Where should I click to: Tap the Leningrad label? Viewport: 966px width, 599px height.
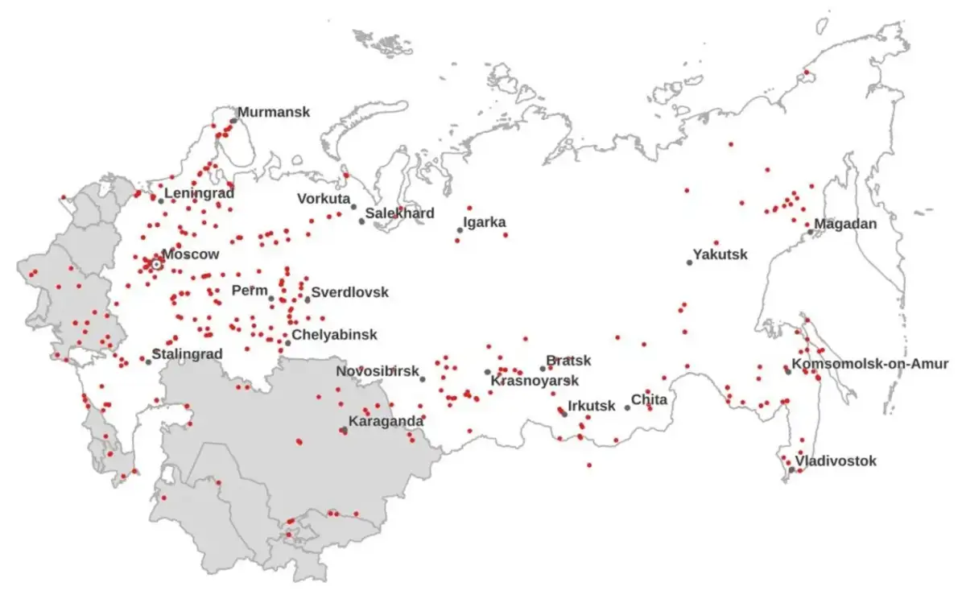[200, 193]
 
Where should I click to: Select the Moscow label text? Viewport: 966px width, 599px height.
[191, 254]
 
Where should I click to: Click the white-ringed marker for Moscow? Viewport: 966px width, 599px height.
[157, 263]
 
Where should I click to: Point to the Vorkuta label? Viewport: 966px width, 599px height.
[324, 199]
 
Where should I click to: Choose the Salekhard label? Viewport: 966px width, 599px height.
[400, 213]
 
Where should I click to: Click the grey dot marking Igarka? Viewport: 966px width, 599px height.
[460, 230]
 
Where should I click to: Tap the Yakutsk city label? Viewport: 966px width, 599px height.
[720, 254]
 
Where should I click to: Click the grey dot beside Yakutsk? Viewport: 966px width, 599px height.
[689, 262]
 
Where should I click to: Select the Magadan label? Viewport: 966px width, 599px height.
[845, 224]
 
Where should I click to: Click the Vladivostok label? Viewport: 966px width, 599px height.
[836, 461]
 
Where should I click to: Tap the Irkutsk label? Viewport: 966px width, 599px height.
[592, 406]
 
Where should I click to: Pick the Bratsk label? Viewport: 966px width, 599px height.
[568, 360]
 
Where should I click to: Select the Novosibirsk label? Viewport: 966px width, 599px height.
[378, 371]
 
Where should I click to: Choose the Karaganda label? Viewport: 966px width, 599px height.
[386, 421]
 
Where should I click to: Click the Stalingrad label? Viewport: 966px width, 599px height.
[188, 354]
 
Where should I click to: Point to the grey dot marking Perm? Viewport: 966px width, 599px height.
[271, 299]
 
